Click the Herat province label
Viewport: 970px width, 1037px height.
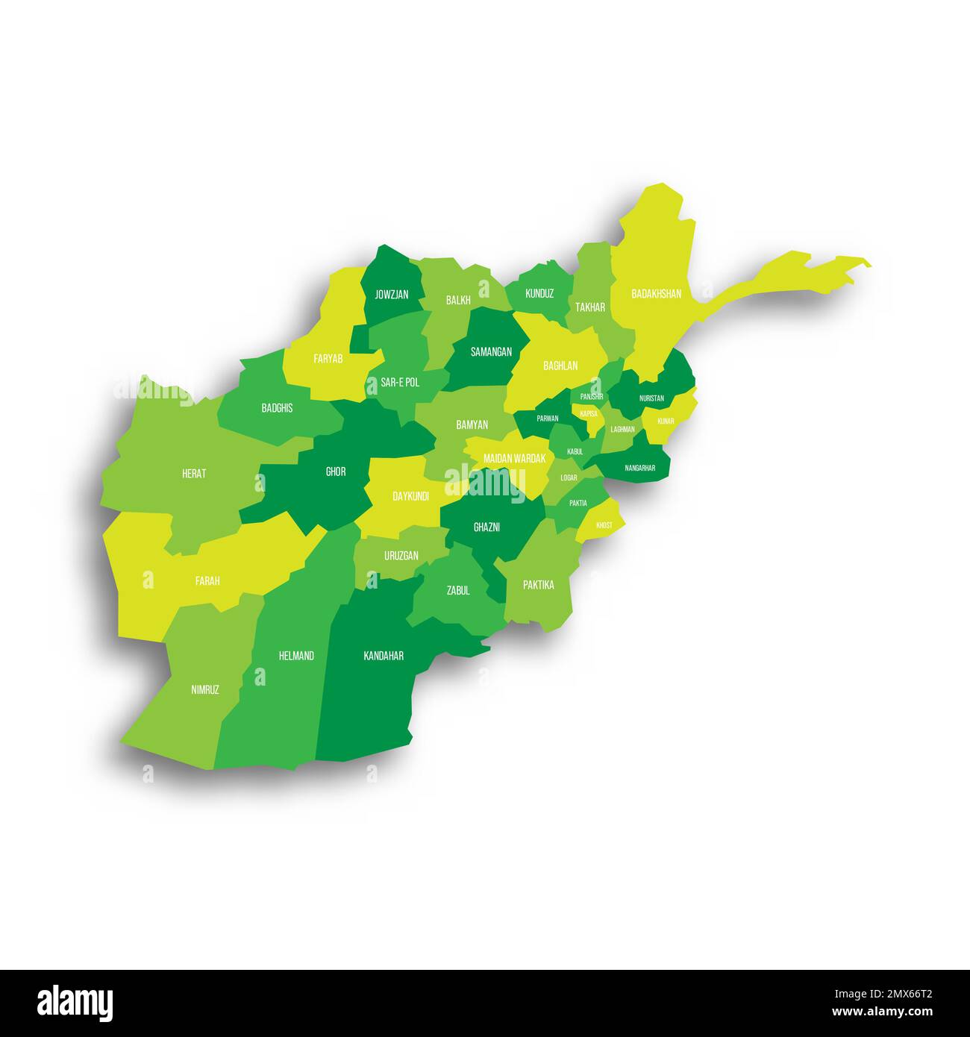pos(194,473)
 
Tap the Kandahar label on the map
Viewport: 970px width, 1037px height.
pos(384,656)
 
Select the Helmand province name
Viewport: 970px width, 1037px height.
pos(296,656)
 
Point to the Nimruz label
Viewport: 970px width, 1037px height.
pos(205,690)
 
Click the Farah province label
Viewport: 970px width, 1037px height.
pos(207,580)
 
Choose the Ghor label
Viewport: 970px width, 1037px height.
pos(336,471)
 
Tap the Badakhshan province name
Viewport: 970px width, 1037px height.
pos(656,294)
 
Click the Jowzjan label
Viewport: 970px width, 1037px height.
pos(392,295)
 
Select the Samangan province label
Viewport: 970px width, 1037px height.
pos(491,351)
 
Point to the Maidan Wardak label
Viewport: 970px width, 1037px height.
pos(515,458)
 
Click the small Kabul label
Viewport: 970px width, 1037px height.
pos(575,451)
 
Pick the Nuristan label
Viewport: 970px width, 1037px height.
pos(651,398)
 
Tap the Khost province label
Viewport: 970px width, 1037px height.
pos(604,525)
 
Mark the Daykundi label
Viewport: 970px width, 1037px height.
pos(410,495)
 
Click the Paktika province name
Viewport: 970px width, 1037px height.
pos(538,585)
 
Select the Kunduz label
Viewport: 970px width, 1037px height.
pos(539,294)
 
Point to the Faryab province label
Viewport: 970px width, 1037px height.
pos(328,359)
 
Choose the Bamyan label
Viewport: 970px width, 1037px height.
pos(472,424)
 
